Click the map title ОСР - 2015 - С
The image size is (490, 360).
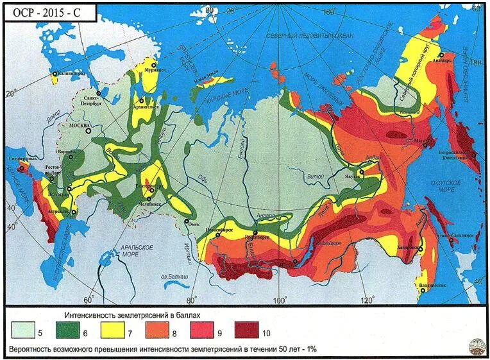[x=49, y=12]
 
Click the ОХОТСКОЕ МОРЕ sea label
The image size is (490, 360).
[x=442, y=187]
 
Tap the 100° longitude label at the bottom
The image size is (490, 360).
[x=280, y=300]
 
